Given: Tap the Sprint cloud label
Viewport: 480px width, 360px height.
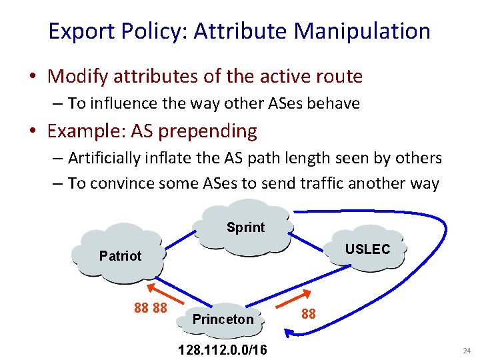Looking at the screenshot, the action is point(245,227).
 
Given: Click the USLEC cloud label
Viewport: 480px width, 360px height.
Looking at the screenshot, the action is point(367,249).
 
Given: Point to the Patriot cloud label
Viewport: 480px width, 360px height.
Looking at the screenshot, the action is point(120,256).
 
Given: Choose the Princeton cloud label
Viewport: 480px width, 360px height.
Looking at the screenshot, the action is point(223,319).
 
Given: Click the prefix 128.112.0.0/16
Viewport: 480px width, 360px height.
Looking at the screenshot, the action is point(223,349).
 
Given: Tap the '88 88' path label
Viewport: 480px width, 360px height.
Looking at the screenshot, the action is point(150,308).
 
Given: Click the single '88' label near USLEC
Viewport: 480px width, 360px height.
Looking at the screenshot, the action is point(309,313).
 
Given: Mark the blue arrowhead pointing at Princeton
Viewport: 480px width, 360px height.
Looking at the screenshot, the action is point(288,330).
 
